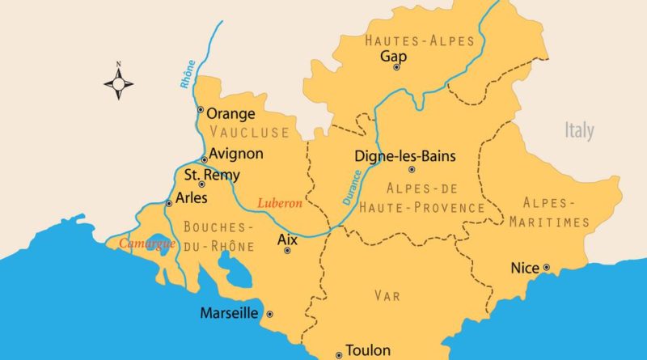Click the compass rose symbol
(x=119, y=82)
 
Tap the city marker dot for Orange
(x=200, y=110)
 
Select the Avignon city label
(x=235, y=153)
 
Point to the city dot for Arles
(x=168, y=203)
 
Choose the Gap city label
(x=394, y=57)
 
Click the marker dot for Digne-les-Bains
(x=412, y=170)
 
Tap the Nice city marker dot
(x=547, y=267)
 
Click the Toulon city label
(x=368, y=351)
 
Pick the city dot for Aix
(x=287, y=252)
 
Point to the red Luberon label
(x=279, y=204)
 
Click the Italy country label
(x=579, y=131)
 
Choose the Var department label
(x=387, y=296)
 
